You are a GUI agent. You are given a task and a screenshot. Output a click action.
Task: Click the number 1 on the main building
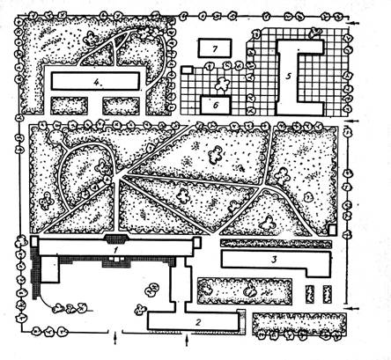(x=116, y=250)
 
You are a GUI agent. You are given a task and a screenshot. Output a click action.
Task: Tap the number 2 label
(x=198, y=322)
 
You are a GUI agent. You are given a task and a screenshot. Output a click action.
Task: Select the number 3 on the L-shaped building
(x=274, y=260)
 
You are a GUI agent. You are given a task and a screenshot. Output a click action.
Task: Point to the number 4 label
(x=97, y=82)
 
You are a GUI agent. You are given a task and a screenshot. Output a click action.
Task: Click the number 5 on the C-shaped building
(x=289, y=77)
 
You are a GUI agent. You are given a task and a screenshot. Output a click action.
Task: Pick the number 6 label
(x=216, y=105)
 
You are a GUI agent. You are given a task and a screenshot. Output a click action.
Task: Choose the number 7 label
(x=215, y=48)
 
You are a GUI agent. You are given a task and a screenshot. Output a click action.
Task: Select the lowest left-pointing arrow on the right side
(x=352, y=308)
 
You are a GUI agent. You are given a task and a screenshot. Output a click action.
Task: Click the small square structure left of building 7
(x=187, y=70)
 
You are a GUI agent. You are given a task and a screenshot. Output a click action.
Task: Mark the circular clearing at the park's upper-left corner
(x=55, y=136)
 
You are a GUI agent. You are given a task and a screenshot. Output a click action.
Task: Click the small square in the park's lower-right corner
(x=332, y=230)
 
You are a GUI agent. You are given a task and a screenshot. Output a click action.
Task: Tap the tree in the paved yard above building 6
(x=223, y=84)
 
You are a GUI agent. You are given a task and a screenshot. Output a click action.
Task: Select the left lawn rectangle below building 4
(x=70, y=106)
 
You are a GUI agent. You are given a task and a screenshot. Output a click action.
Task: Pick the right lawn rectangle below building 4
(x=121, y=106)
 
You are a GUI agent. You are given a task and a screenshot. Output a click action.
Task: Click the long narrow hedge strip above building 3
(x=276, y=244)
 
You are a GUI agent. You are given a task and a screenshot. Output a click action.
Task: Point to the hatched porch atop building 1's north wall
(x=117, y=239)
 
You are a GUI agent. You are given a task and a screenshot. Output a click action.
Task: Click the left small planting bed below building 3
(x=309, y=294)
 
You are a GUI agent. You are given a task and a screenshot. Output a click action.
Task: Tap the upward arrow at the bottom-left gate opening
(x=115, y=338)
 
